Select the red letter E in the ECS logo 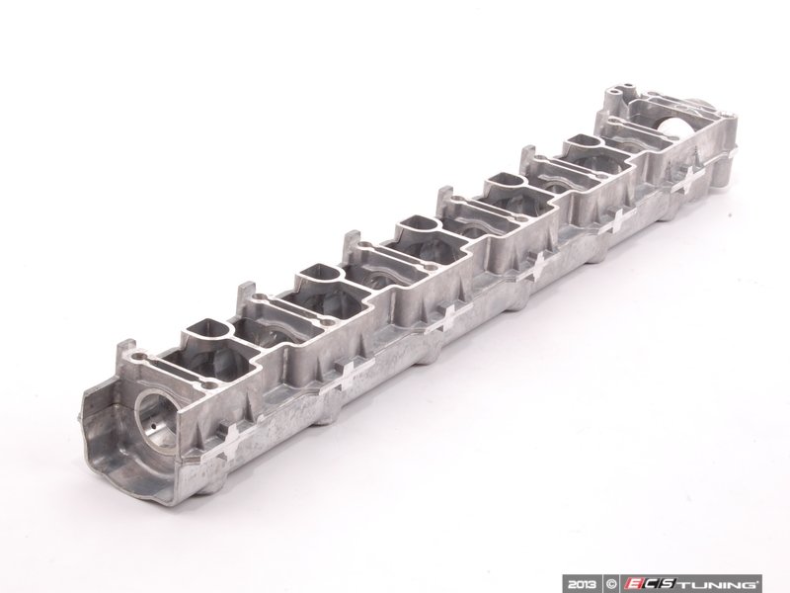click(636, 582)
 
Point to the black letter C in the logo click(655, 582)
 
